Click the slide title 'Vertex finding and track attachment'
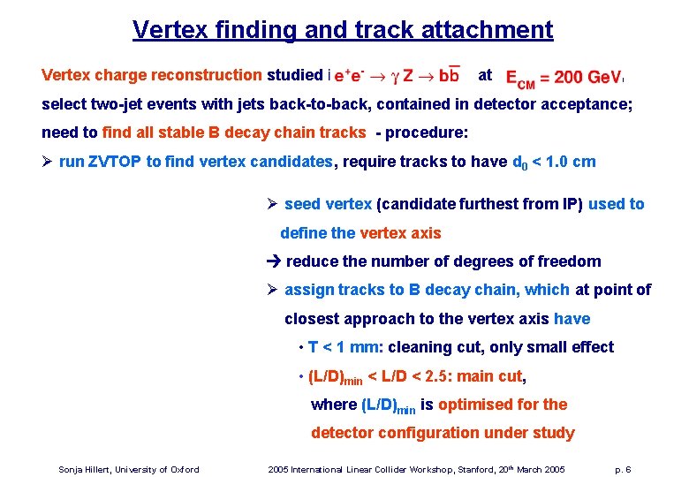(x=343, y=29)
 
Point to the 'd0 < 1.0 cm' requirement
(x=554, y=162)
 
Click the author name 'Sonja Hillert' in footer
(x=83, y=469)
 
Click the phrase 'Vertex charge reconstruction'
(x=151, y=75)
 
